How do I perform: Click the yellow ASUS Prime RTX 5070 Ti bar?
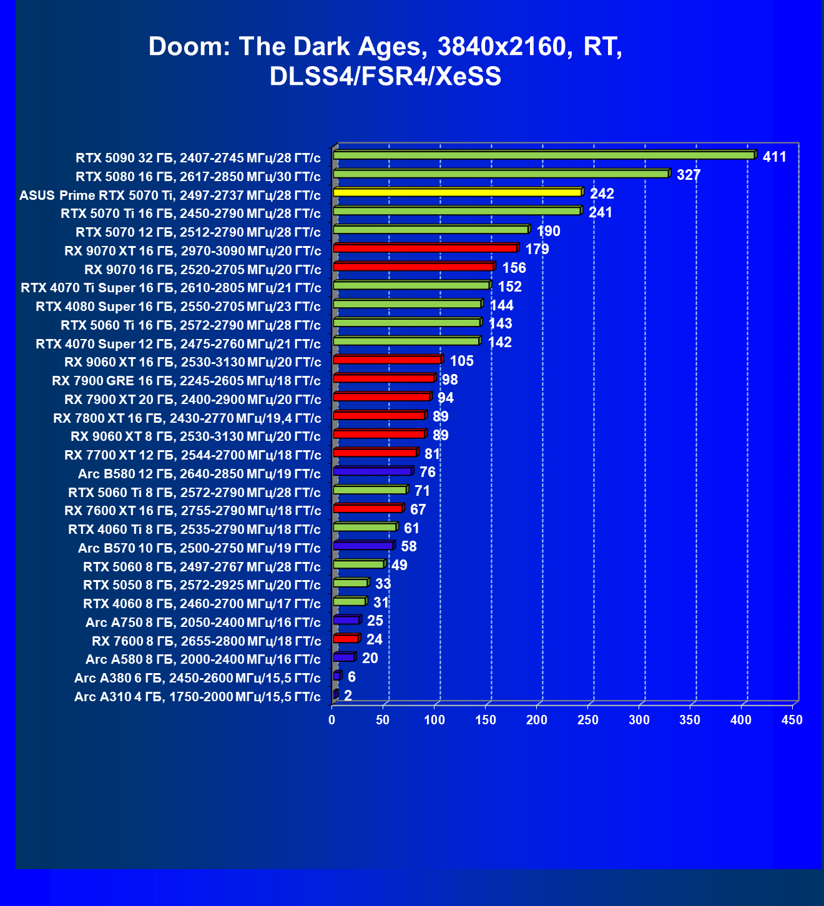click(x=458, y=192)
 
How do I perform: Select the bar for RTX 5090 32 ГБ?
click(x=544, y=155)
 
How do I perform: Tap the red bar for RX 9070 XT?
click(x=425, y=248)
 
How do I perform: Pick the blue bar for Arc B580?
click(x=373, y=471)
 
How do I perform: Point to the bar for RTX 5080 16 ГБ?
click(x=501, y=174)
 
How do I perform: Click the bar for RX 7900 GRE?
click(x=384, y=378)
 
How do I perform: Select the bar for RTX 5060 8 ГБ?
click(x=359, y=564)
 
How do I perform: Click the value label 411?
click(x=774, y=157)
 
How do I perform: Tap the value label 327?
click(x=689, y=175)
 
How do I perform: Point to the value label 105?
click(x=461, y=361)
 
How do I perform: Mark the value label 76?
click(x=428, y=472)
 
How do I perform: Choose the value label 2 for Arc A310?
click(x=348, y=696)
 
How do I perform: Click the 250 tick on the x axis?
click(x=587, y=720)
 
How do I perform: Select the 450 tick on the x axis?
click(x=792, y=720)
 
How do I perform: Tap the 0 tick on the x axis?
click(x=332, y=720)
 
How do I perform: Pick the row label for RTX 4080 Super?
click(x=179, y=307)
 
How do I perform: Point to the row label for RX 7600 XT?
click(x=193, y=511)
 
